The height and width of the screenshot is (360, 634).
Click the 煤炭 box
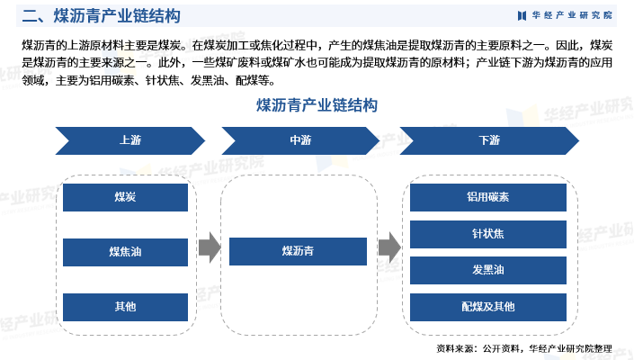pos(125,197)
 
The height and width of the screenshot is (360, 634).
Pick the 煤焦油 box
pos(125,252)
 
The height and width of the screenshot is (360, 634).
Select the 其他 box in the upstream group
pos(125,307)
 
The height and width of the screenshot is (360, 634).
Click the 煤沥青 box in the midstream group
pos(298,252)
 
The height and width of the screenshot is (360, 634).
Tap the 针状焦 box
pos(488,234)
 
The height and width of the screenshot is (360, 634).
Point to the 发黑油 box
pos(488,270)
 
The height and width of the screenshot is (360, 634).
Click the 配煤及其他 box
pos(488,307)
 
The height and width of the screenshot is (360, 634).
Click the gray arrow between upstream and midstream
pos(209,247)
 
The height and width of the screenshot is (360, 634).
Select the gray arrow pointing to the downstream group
pos(389,247)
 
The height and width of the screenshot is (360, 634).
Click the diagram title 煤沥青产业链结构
pos(317,105)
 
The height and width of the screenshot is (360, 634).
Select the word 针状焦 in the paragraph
pos(162,80)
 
